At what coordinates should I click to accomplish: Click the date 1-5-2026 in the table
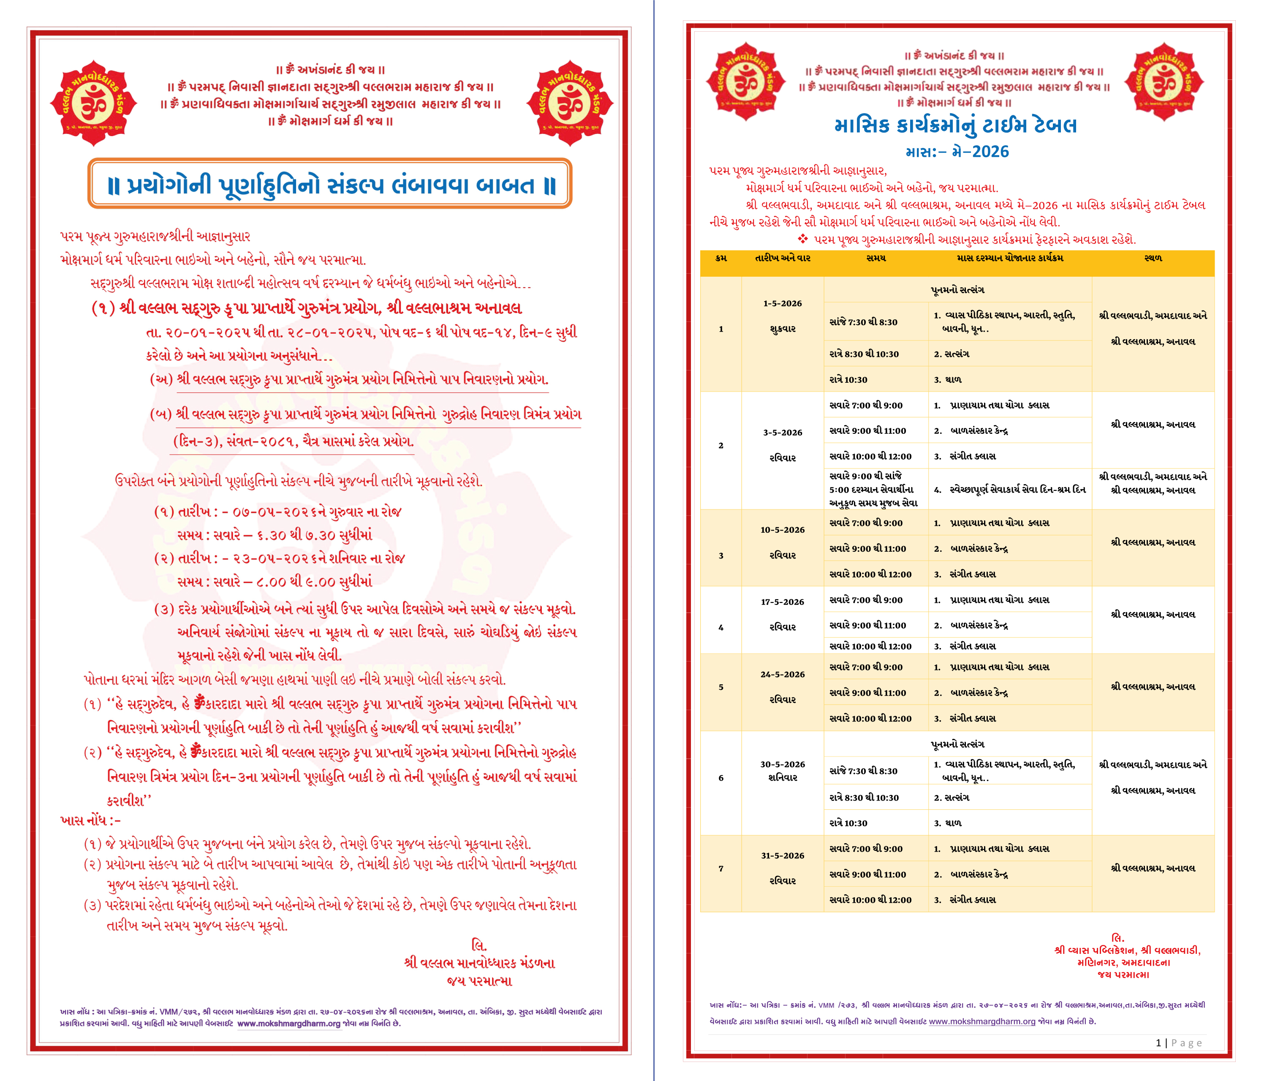(782, 303)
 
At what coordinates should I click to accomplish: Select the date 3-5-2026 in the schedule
(782, 433)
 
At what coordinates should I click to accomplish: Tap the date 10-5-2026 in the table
(782, 530)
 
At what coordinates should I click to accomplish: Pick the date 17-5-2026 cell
(782, 602)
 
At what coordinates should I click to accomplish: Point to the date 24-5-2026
(782, 674)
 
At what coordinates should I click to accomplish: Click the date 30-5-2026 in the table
(782, 764)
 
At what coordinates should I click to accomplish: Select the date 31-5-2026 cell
(782, 855)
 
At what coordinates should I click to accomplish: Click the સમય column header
(875, 258)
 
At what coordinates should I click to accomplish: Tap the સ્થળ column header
(1153, 258)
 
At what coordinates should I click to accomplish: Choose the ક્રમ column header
(721, 258)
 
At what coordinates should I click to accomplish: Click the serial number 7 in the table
(721, 868)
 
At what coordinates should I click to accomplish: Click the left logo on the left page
(93, 103)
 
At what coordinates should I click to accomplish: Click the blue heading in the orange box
(330, 184)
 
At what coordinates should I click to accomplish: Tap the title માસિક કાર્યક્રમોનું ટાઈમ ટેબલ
(955, 126)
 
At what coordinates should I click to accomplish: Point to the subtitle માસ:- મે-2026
(957, 152)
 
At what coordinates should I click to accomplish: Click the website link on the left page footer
(288, 1024)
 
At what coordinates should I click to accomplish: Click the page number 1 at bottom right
(1158, 1043)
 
